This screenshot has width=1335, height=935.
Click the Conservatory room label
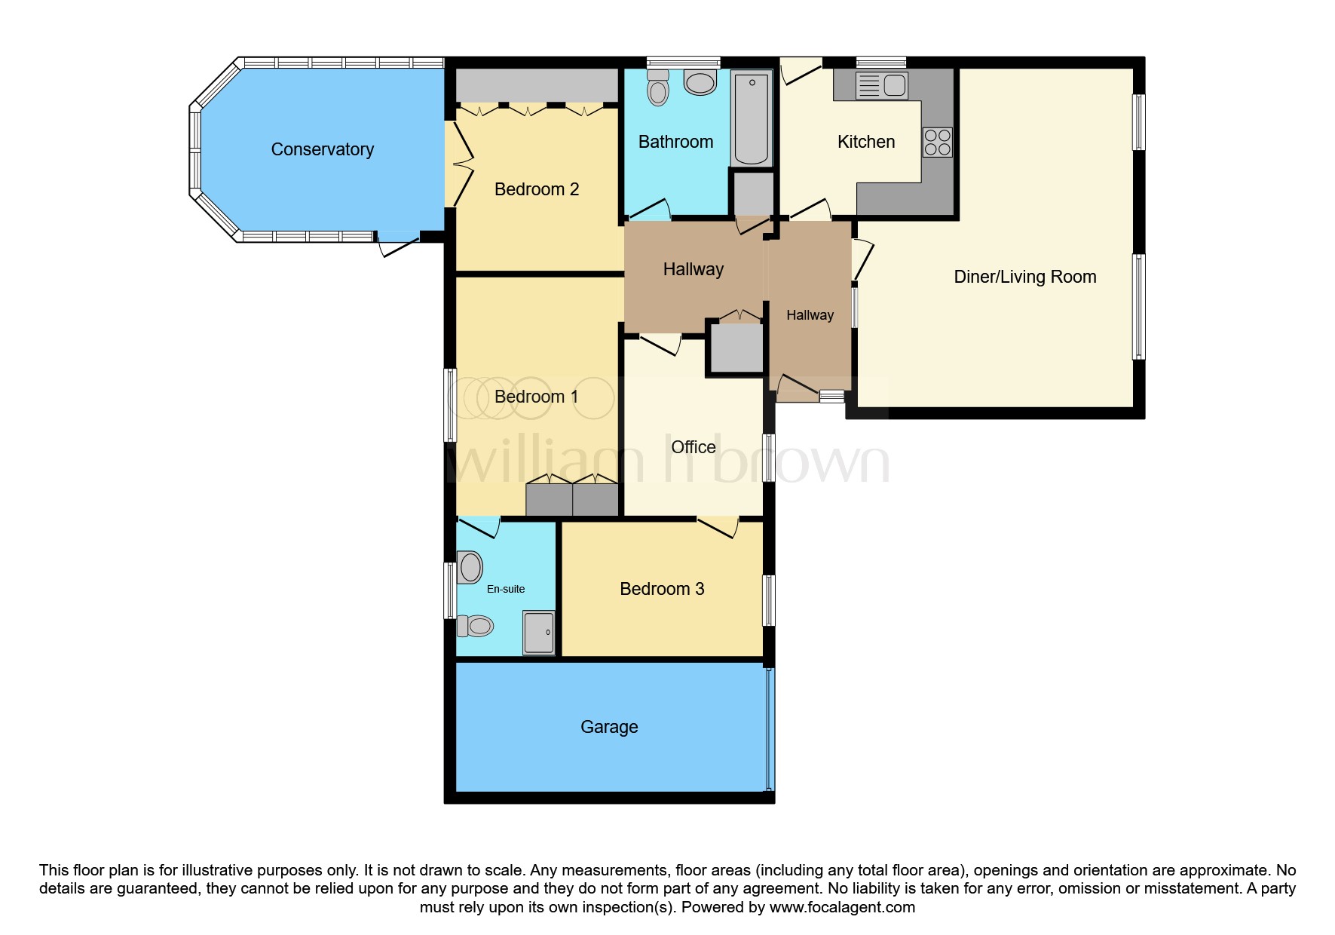tap(322, 149)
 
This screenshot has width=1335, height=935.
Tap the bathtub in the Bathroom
tap(751, 118)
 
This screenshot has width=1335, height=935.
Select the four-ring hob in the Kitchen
tap(938, 143)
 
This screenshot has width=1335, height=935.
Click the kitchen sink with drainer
tap(882, 85)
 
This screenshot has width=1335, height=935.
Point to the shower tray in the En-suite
tap(539, 632)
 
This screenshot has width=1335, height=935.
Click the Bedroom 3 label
tap(662, 589)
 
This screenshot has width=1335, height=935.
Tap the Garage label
tap(609, 727)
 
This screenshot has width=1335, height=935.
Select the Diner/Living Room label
tap(1024, 277)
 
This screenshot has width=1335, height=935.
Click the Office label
tap(693, 447)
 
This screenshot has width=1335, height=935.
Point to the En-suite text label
tap(506, 589)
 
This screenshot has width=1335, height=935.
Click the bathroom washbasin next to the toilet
tap(700, 83)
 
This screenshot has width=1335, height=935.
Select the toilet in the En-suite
tap(476, 625)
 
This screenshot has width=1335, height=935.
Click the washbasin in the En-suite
tap(470, 567)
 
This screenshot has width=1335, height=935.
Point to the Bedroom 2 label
tap(536, 189)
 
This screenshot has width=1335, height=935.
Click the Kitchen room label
tap(865, 142)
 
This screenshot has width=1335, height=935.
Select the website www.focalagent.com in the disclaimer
tap(842, 907)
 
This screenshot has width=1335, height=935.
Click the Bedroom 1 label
tap(536, 397)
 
